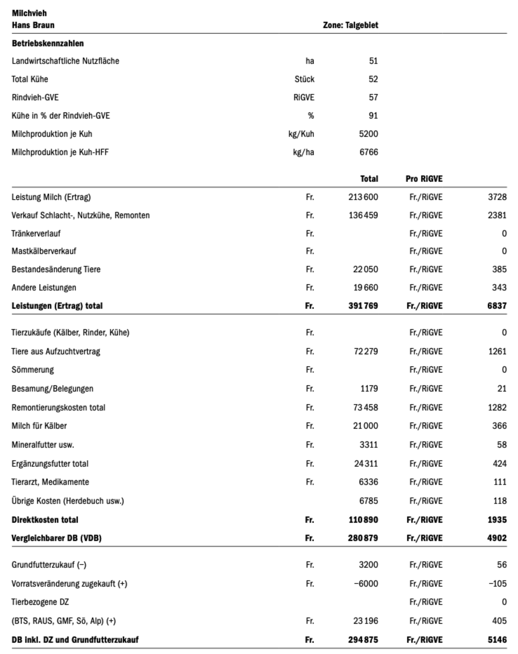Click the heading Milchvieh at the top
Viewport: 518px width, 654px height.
click(29, 13)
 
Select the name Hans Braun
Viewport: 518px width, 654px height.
click(33, 25)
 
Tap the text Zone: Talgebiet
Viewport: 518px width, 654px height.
click(350, 25)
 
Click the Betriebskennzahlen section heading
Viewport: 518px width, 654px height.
click(48, 43)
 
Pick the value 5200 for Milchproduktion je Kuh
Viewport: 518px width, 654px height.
click(368, 134)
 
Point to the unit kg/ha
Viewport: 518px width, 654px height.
click(304, 152)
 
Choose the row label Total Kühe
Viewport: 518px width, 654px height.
click(30, 79)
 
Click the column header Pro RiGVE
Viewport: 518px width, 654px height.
click(424, 179)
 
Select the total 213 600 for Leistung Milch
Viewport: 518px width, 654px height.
click(363, 197)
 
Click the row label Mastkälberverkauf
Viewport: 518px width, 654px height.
click(44, 251)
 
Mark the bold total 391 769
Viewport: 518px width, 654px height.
click(363, 306)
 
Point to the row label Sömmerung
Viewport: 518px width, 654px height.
click(32, 370)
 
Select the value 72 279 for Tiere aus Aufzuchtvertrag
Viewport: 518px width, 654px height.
click(366, 351)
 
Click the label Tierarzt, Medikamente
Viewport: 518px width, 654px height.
click(50, 482)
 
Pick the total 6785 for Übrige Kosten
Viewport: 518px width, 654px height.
click(368, 501)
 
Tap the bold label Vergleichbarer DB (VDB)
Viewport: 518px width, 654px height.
click(56, 538)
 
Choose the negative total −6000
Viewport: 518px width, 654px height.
click(366, 584)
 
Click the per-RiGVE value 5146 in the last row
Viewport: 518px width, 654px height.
click(497, 640)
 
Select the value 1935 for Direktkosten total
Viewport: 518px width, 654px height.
click(497, 520)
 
